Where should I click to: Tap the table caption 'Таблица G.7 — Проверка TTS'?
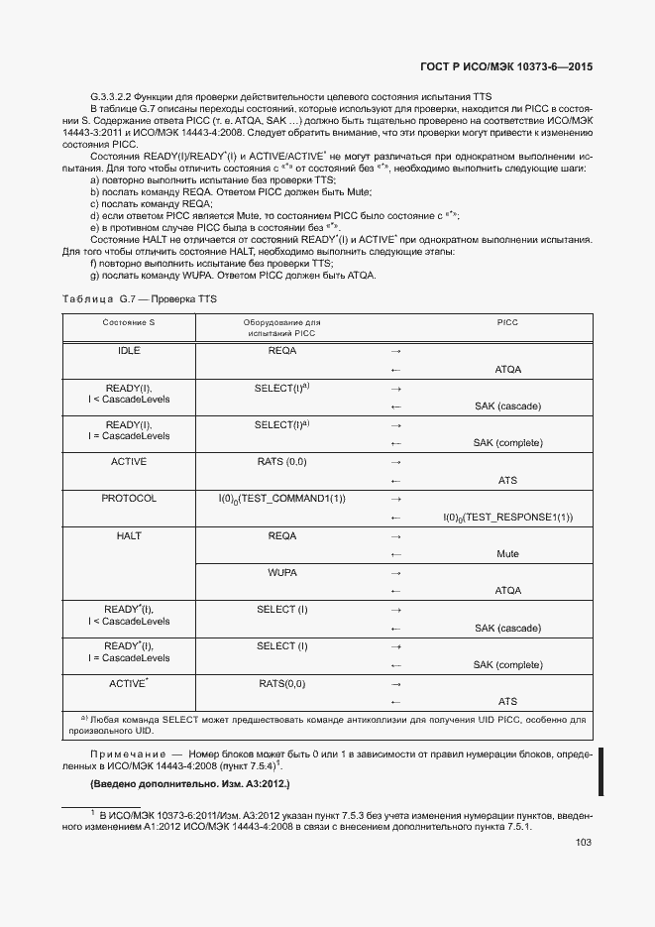tap(139, 298)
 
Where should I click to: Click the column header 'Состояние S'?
tap(129, 323)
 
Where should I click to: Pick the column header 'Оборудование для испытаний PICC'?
tap(282, 328)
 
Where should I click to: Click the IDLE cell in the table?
tap(129, 351)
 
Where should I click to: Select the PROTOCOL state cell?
tap(129, 499)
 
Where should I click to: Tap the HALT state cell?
tap(129, 535)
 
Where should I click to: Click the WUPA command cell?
tap(282, 573)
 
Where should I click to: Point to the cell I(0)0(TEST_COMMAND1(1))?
tap(282, 499)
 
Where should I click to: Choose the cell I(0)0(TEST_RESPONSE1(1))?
tap(507, 518)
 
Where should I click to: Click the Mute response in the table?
tap(507, 554)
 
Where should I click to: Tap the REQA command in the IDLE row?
tap(282, 351)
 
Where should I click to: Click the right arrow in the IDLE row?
tap(396, 351)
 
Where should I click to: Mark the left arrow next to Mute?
tap(396, 554)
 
